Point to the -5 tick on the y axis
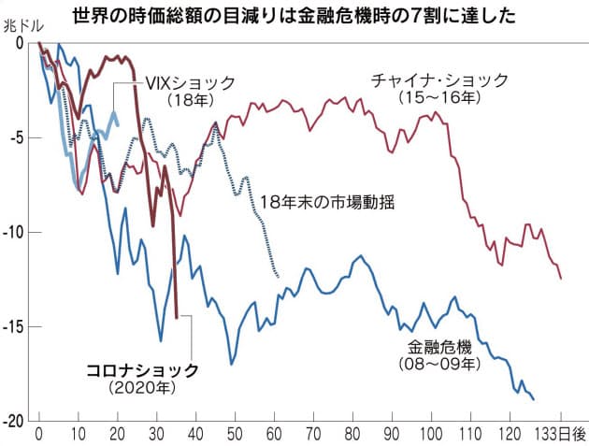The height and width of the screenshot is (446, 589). click(x=23, y=138)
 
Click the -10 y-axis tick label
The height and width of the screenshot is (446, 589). click(x=21, y=233)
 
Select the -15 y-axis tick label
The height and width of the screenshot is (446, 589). click(x=21, y=327)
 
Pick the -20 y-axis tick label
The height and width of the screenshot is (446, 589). click(x=21, y=421)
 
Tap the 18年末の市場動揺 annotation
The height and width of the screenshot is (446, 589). click(x=324, y=201)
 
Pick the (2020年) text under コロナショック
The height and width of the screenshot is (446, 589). click(x=142, y=386)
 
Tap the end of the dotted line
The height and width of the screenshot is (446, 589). click(x=278, y=276)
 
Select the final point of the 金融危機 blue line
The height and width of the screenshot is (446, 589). click(x=533, y=399)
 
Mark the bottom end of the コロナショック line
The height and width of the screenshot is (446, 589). click(x=177, y=318)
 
